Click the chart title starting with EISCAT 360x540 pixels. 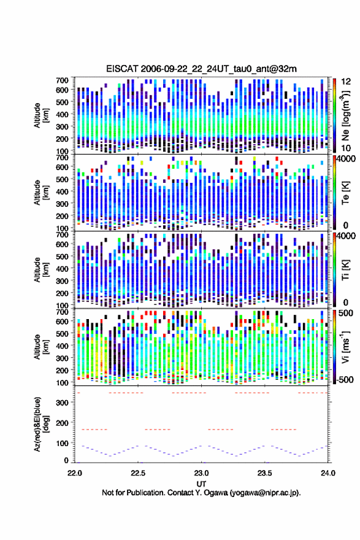click(x=201, y=69)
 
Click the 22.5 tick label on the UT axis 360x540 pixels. click(x=138, y=473)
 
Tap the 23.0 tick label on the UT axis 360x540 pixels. click(x=201, y=473)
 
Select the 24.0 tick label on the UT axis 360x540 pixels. click(x=328, y=473)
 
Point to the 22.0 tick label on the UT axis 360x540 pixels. click(x=75, y=473)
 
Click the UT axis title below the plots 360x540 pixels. click(x=201, y=484)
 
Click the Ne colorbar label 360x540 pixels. click(x=345, y=115)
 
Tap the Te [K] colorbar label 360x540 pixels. click(x=345, y=192)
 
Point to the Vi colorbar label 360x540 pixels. click(x=345, y=347)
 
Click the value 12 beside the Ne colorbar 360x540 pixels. click(x=346, y=81)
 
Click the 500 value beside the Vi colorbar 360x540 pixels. click(x=346, y=313)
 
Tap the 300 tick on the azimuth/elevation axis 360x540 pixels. click(x=63, y=403)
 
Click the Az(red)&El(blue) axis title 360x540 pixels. click(x=40, y=424)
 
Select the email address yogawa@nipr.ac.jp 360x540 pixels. click(x=265, y=493)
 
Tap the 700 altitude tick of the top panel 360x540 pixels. click(x=63, y=80)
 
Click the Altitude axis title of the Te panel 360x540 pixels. click(x=40, y=192)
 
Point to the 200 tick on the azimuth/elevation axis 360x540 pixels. click(x=63, y=423)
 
